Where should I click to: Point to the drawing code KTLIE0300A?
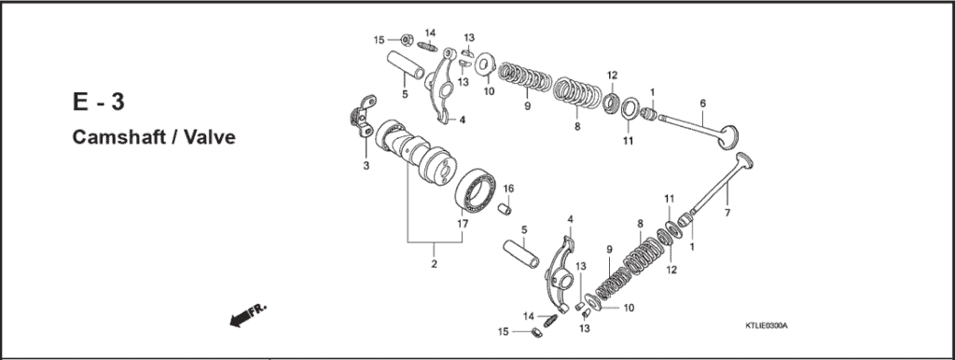766,325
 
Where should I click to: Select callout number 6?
701,103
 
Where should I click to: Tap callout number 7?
727,214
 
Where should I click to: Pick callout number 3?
366,166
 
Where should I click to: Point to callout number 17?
463,224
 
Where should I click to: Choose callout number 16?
509,189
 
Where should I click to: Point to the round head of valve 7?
745,164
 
